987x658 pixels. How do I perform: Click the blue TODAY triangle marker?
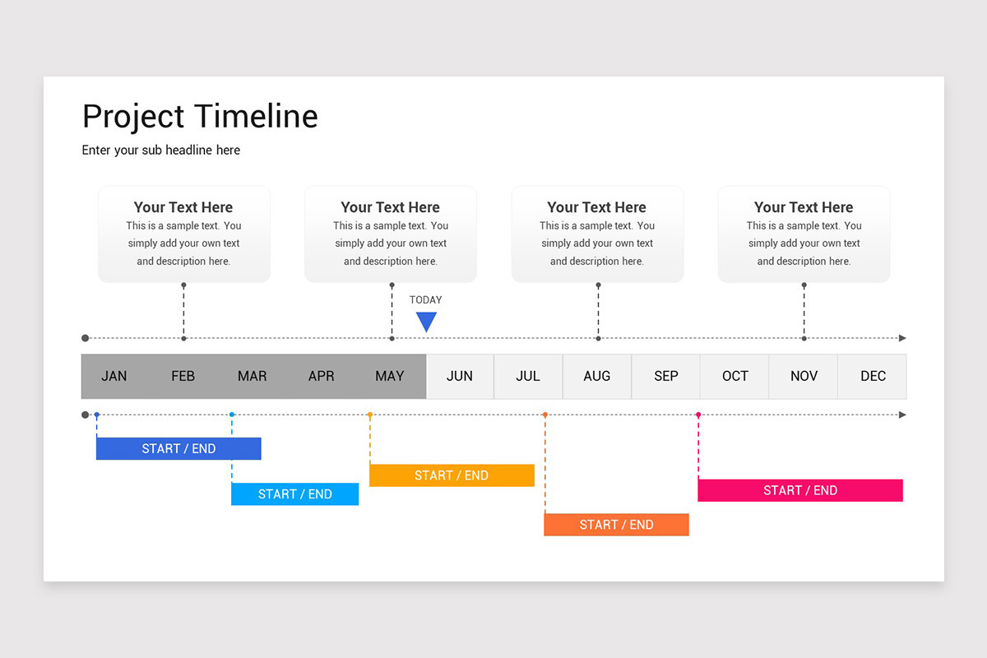tap(426, 321)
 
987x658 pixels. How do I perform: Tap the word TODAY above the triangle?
tap(426, 300)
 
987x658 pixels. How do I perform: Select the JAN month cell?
tap(114, 376)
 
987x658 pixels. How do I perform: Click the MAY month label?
tap(390, 376)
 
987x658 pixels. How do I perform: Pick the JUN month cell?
tap(460, 376)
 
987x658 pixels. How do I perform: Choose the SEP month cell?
tap(666, 376)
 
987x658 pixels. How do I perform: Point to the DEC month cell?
tap(873, 376)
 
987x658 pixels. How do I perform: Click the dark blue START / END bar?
tap(178, 448)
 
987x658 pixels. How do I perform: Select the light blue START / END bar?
tap(294, 493)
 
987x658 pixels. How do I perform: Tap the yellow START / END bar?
tap(452, 475)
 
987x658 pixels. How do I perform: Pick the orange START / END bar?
tap(616, 525)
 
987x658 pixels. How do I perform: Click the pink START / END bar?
tap(800, 490)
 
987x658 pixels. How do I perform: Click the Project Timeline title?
tap(200, 116)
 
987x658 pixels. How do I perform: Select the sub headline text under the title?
tap(161, 150)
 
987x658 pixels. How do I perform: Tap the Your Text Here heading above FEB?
tap(183, 207)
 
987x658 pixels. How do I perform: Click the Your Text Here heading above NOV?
tap(804, 207)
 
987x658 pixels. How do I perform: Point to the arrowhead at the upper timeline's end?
tap(902, 338)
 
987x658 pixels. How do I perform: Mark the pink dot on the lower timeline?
tap(698, 415)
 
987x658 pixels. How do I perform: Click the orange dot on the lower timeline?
tap(544, 415)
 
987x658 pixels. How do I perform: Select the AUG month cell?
tap(597, 376)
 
